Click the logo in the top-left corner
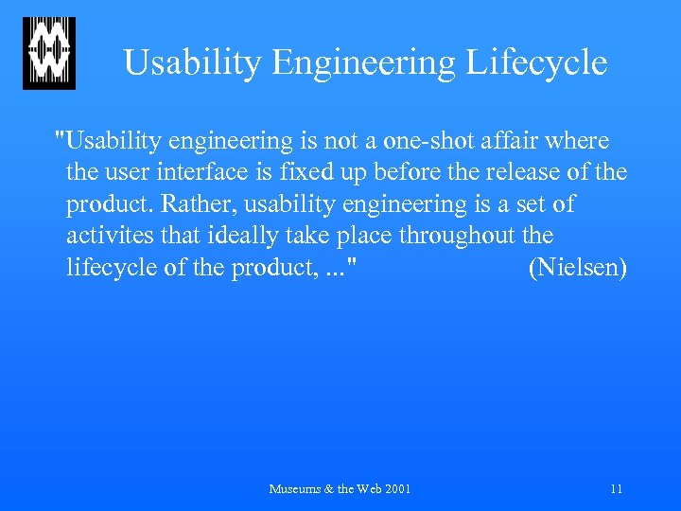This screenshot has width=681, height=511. click(48, 53)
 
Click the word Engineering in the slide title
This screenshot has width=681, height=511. click(363, 63)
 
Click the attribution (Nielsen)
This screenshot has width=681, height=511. click(577, 268)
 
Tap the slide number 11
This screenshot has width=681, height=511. click(617, 489)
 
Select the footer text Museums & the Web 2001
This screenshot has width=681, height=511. click(340, 489)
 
